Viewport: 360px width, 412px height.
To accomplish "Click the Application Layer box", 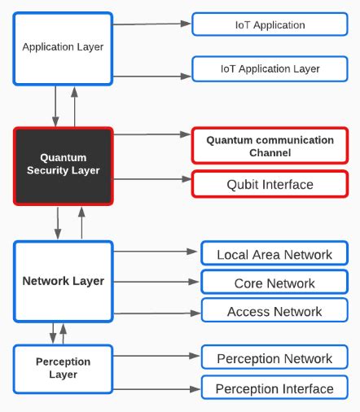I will click(x=63, y=47).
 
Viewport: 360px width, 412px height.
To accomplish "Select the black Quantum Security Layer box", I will click(x=63, y=165).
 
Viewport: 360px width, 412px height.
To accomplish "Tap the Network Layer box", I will click(x=63, y=281).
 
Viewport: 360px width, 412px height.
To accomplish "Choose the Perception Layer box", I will click(x=63, y=368).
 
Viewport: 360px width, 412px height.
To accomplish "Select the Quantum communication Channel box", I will click(x=270, y=147).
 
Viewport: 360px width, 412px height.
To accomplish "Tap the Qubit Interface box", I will click(x=270, y=185).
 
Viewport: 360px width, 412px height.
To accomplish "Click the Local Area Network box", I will click(x=274, y=255).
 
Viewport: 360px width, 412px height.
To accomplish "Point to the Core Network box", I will click(x=274, y=283).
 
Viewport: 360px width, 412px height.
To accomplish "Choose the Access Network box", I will click(x=274, y=311).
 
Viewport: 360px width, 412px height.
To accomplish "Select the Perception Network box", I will click(x=274, y=359).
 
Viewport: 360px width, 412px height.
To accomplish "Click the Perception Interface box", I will click(x=274, y=388).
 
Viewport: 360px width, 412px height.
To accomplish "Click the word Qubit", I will click(x=244, y=185).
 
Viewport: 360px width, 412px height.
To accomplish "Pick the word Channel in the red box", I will click(x=270, y=153).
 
